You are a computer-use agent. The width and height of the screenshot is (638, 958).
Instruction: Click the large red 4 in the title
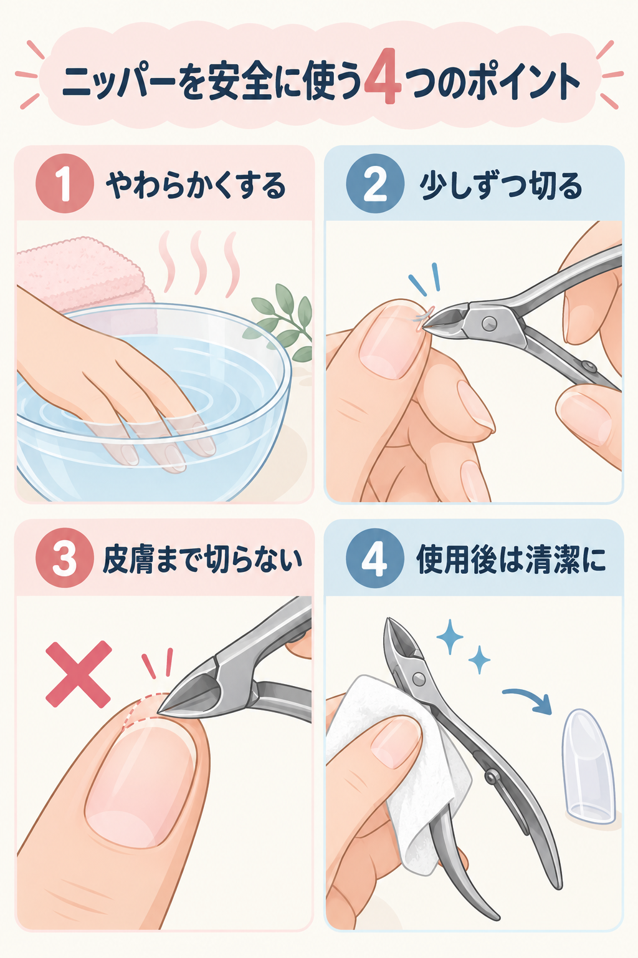[x=383, y=77]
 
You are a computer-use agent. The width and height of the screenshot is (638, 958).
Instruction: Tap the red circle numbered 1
[x=65, y=184]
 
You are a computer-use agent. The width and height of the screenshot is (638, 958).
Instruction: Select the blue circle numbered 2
[x=375, y=184]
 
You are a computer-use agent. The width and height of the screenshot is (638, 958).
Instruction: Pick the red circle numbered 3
[x=65, y=558]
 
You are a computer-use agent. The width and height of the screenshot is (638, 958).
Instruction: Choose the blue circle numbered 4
[x=375, y=558]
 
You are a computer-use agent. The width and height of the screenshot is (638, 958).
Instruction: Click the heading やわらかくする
[x=196, y=185]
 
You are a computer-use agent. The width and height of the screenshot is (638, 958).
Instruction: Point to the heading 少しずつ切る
[x=500, y=185]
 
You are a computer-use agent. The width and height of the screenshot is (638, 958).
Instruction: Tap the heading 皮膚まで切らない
[x=202, y=559]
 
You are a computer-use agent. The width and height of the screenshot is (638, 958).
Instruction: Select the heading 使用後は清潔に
[x=511, y=559]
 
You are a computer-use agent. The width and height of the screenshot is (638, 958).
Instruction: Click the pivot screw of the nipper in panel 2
[x=488, y=323]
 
